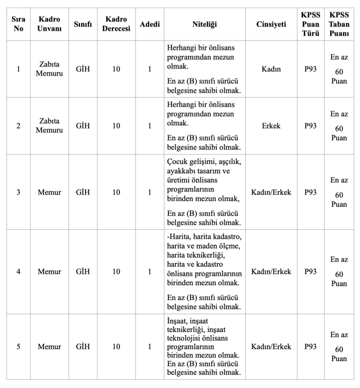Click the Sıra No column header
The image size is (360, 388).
[x=18, y=24]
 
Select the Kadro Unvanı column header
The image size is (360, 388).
[x=49, y=24]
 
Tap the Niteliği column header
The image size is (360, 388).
[x=205, y=24]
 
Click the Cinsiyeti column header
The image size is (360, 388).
[x=271, y=24]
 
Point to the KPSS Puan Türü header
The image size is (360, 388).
[x=310, y=24]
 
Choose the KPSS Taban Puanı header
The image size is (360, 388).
[x=339, y=24]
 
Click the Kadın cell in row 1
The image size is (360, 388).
[x=271, y=69]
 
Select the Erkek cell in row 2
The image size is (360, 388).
[x=271, y=126]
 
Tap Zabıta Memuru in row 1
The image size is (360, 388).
[x=49, y=69]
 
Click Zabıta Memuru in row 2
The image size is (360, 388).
[x=49, y=126]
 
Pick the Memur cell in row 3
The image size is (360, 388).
[x=49, y=192]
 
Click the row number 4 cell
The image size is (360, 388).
[x=18, y=271]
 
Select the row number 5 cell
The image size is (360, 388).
[x=18, y=346]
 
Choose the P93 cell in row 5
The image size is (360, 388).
[x=310, y=346]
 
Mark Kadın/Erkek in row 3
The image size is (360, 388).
[x=271, y=192]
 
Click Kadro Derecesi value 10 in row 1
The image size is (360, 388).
[x=116, y=69]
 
